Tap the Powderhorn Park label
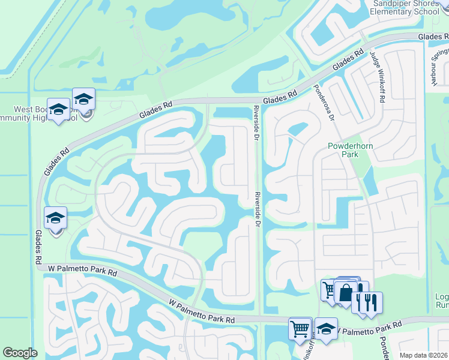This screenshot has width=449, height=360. tap(343, 150)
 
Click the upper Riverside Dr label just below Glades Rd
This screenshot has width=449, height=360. tap(256, 124)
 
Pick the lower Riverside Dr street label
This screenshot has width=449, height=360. tap(256, 209)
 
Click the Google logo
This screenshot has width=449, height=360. tap(20, 352)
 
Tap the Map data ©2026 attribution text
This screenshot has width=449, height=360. tap(423, 355)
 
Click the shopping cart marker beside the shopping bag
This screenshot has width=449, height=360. tap(330, 290)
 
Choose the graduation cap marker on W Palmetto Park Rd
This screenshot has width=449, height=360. tap(326, 328)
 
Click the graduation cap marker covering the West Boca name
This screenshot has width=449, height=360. tap(58, 109)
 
